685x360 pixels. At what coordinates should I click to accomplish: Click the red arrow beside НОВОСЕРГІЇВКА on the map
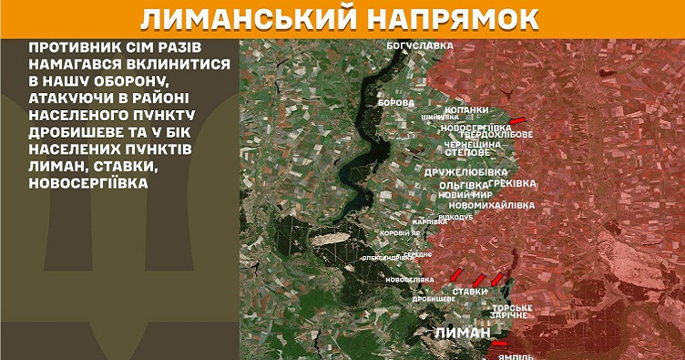pos(517,120)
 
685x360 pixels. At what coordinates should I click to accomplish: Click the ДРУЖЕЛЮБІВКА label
pos(466,171)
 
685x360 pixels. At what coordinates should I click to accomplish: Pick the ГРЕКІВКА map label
pos(512,184)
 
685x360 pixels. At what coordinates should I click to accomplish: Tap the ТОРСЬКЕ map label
pos(513,308)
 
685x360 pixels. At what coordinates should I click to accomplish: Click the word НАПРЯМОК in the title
pos(470,19)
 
